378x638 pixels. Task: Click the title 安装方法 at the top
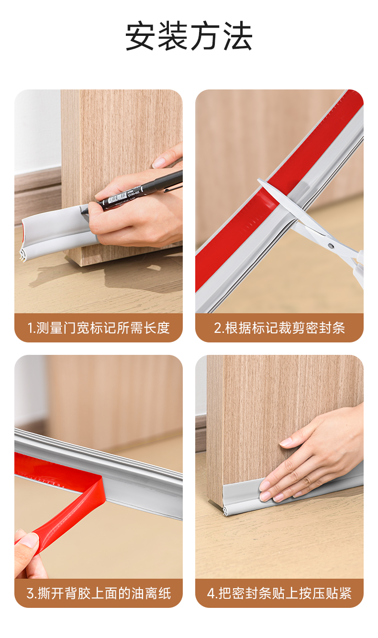pyautogui.click(x=189, y=36)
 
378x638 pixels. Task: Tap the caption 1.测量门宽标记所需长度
pyautogui.click(x=99, y=328)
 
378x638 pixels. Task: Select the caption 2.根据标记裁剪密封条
pyautogui.click(x=279, y=328)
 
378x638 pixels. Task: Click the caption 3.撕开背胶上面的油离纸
pyautogui.click(x=99, y=594)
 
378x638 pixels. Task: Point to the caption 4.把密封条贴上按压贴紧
pyautogui.click(x=279, y=594)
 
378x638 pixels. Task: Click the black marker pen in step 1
pyautogui.click(x=134, y=194)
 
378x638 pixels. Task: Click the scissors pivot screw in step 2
pyautogui.click(x=331, y=245)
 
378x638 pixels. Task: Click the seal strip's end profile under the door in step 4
pyautogui.click(x=227, y=512)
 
